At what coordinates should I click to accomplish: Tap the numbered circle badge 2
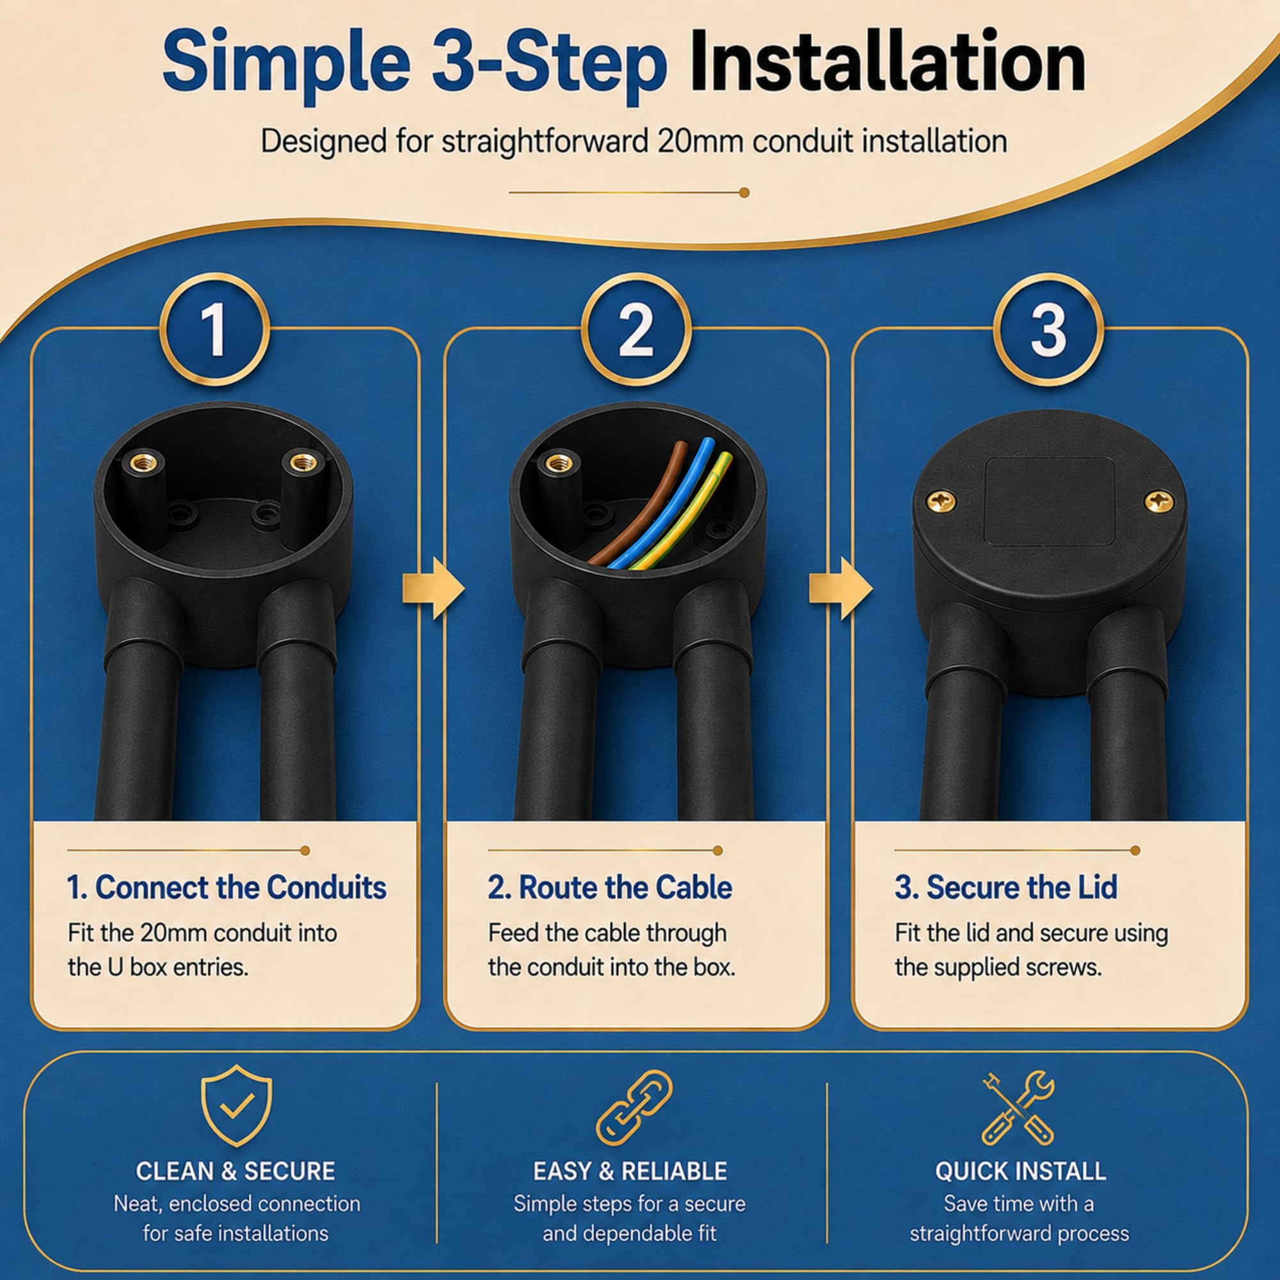coord(636,329)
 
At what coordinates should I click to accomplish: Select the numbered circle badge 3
coord(1048,329)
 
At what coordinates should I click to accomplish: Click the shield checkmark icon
coord(237,1106)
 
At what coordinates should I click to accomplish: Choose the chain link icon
coord(634,1107)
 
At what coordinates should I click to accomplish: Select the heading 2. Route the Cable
coord(610,888)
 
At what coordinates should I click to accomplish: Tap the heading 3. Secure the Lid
coord(1005,888)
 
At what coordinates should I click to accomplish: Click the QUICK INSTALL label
coord(1020,1171)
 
